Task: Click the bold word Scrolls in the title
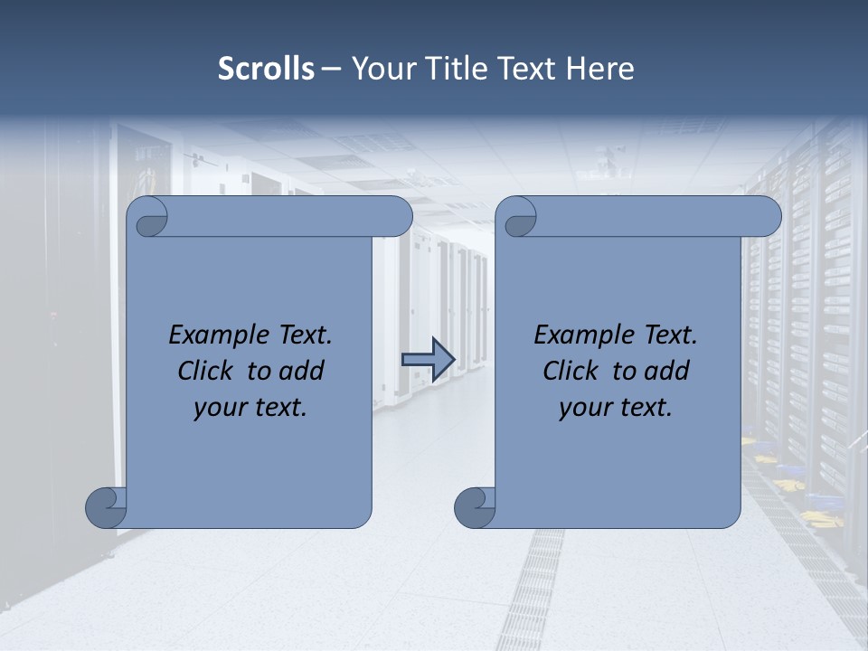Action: tap(266, 69)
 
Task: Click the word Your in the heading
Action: tap(378, 69)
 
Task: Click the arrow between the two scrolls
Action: tap(428, 359)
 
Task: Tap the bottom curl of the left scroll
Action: tap(106, 506)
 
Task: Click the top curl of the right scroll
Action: tap(519, 217)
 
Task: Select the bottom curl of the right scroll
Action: tap(475, 506)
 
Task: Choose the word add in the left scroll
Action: tap(302, 372)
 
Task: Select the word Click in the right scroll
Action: tap(571, 372)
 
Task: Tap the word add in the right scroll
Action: tap(667, 372)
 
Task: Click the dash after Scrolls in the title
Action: tap(332, 69)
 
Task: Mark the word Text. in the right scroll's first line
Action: tap(670, 335)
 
